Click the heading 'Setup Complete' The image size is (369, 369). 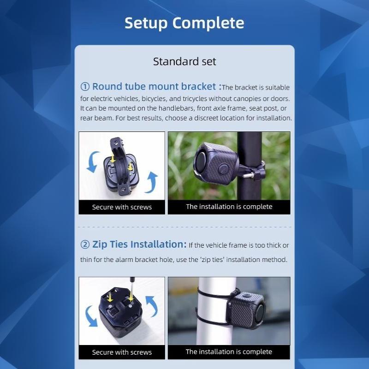pos(184,23)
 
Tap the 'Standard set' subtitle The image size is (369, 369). pos(184,61)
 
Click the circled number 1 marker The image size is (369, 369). pos(85,87)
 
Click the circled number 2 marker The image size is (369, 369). pos(85,244)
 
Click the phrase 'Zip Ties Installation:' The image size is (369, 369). pos(139,244)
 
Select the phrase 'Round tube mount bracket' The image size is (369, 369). pos(154,87)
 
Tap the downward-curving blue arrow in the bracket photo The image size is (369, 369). pos(93,162)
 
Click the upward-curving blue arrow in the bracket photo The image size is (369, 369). pos(151,182)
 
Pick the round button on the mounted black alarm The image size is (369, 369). pos(224,169)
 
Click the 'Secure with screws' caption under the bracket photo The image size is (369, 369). pos(122,207)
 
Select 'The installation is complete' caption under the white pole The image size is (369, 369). pos(229,352)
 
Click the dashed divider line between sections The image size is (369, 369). pos(184,227)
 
